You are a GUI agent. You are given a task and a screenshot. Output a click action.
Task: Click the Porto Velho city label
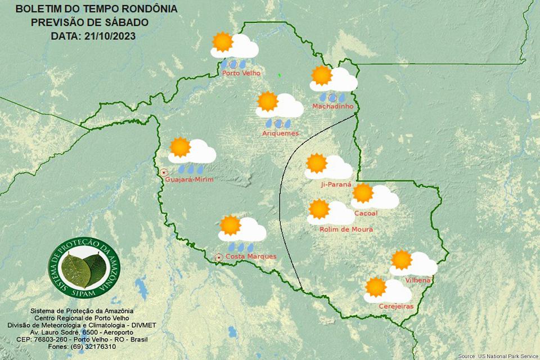click(237, 73)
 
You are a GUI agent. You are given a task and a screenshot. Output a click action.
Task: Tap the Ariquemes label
click(280, 133)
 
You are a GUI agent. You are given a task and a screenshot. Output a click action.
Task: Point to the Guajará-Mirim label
click(190, 179)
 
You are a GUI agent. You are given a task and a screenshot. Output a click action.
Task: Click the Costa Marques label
click(251, 256)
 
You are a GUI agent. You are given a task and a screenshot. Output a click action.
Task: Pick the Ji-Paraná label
click(336, 184)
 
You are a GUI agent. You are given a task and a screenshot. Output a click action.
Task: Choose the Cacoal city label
click(366, 213)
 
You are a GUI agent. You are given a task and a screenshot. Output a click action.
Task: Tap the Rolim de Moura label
click(346, 229)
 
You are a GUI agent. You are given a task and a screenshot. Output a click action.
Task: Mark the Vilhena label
click(418, 280)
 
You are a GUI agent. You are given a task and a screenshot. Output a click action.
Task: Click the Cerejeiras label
click(397, 307)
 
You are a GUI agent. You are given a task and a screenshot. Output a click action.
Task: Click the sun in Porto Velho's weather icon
click(222, 42)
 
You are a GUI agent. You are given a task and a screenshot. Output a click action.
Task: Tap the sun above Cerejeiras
click(375, 287)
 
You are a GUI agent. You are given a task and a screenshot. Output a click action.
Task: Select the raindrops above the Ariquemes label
click(278, 123)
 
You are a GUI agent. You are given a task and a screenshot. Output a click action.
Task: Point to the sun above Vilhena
click(401, 259)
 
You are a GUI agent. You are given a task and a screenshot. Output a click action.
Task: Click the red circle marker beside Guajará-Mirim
click(164, 172)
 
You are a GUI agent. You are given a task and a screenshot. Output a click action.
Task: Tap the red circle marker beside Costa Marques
click(218, 258)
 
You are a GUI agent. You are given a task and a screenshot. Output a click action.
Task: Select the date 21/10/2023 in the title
click(110, 36)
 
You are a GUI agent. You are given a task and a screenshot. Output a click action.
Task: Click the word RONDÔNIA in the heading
click(147, 10)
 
